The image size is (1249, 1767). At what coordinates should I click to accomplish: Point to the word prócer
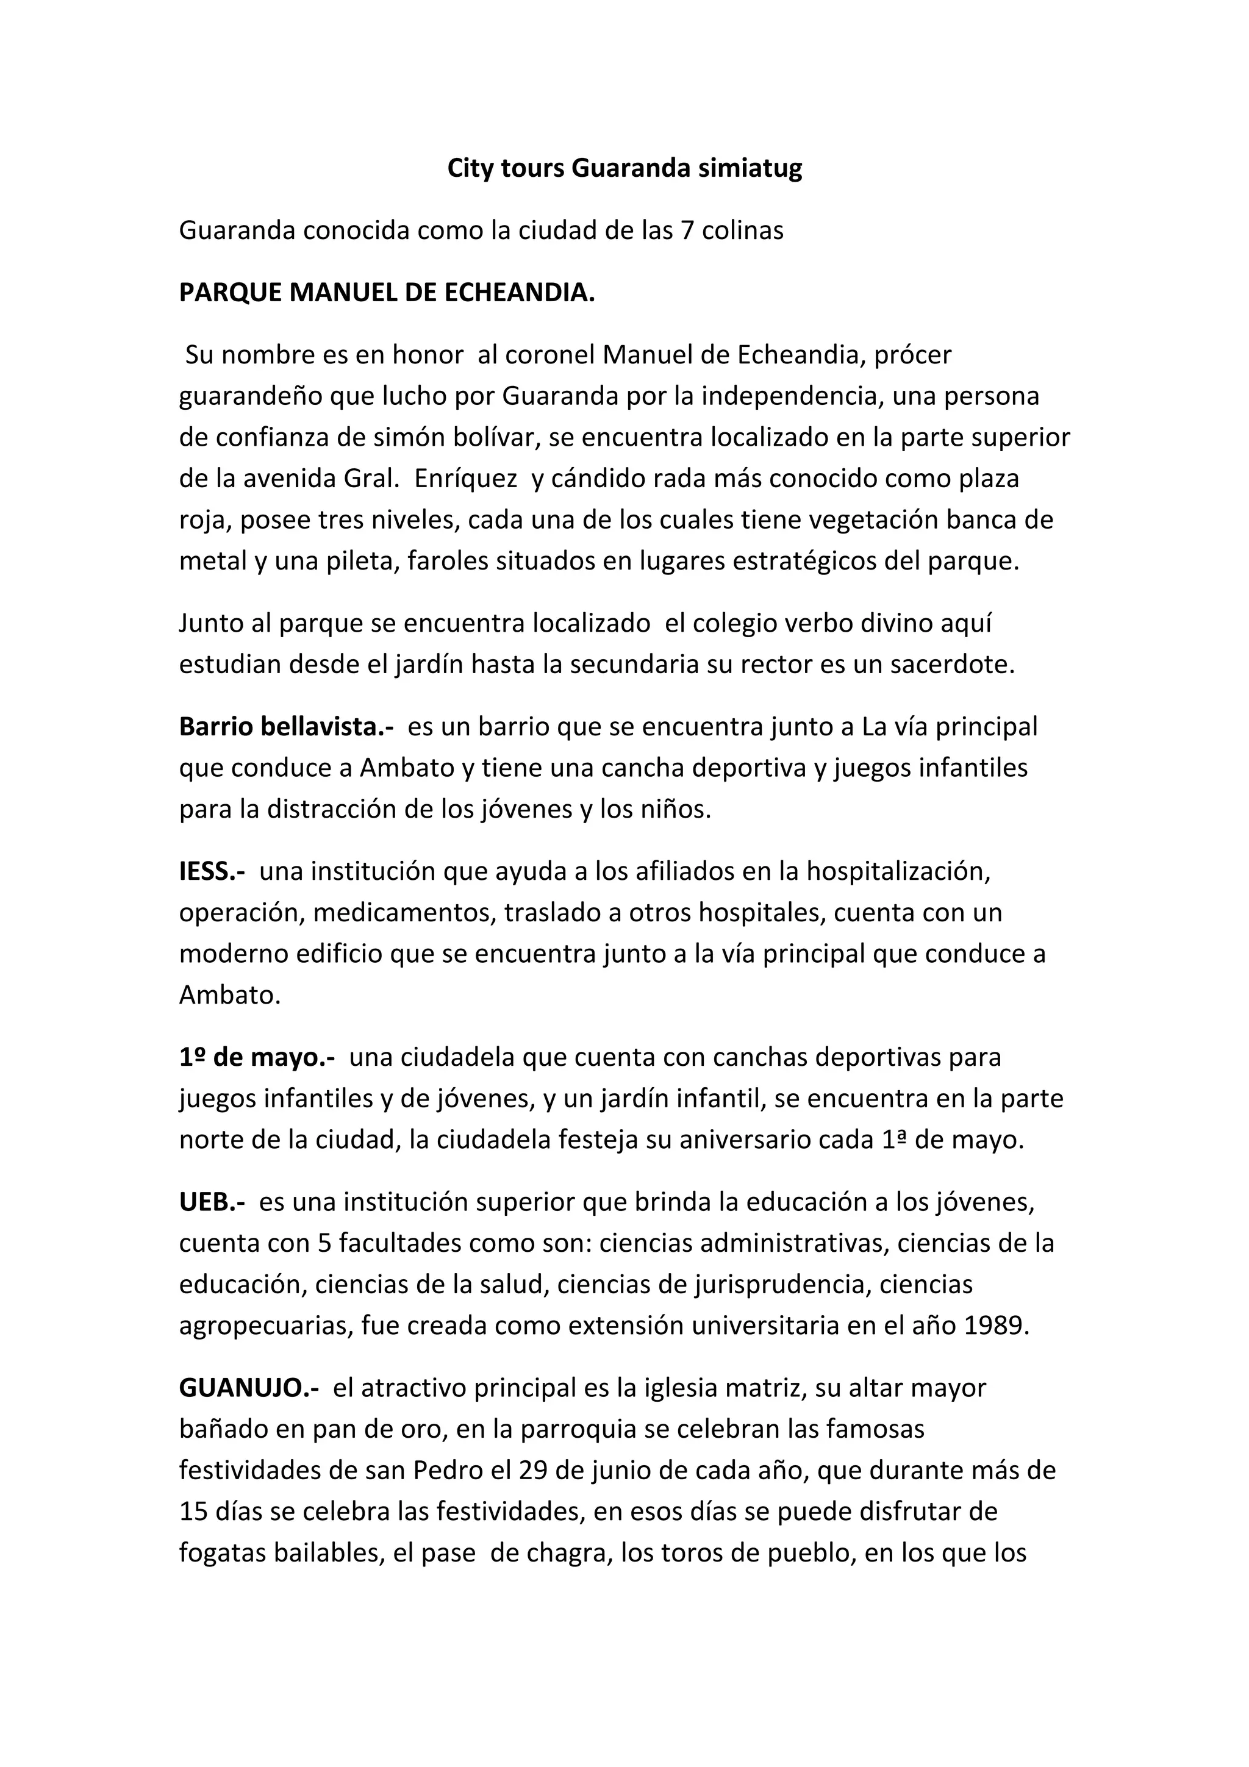click(914, 355)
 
